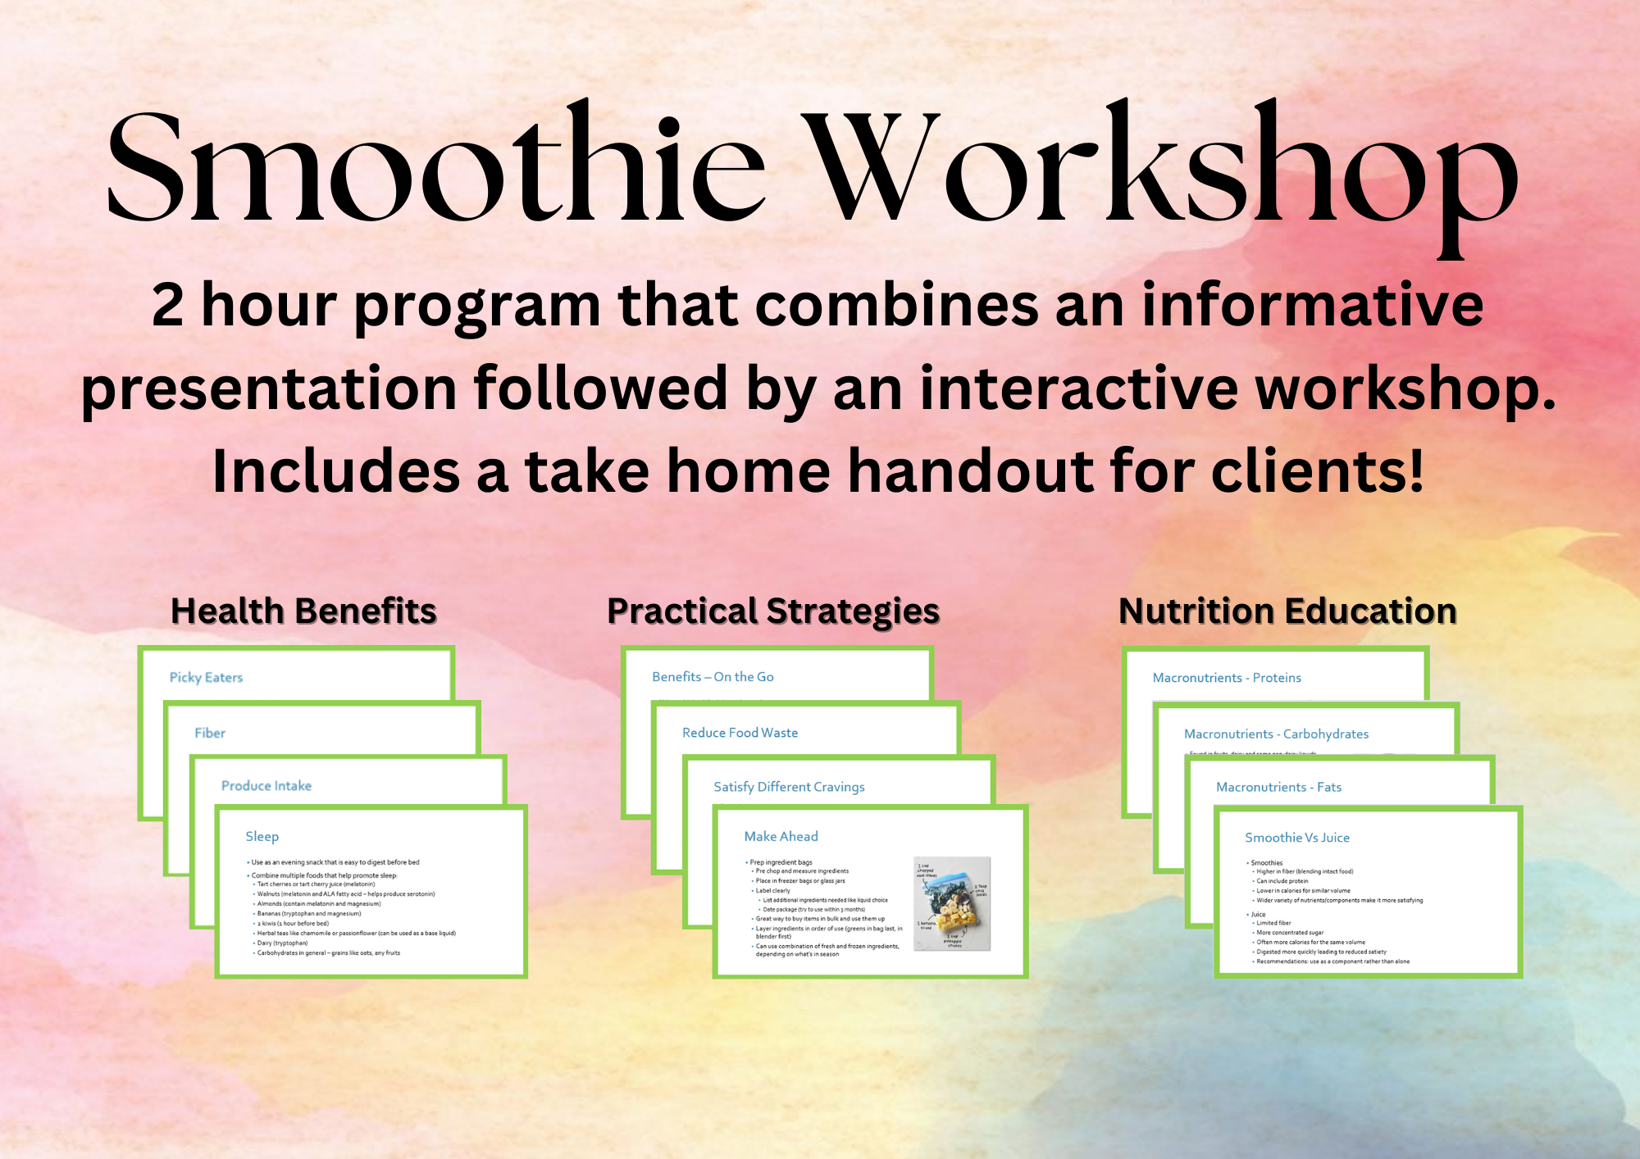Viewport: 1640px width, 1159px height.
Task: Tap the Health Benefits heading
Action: click(x=303, y=611)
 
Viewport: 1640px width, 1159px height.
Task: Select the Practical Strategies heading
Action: click(x=773, y=611)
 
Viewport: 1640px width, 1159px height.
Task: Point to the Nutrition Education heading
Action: click(x=1287, y=611)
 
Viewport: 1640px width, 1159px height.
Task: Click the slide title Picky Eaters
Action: click(x=206, y=677)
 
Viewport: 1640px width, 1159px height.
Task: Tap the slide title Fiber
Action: click(x=210, y=733)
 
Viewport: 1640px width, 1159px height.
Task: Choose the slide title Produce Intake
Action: click(x=266, y=785)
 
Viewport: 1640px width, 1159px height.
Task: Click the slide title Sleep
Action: click(x=262, y=836)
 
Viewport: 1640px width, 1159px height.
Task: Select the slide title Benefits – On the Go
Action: click(x=713, y=676)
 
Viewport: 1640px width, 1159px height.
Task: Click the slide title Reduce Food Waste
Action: click(x=740, y=733)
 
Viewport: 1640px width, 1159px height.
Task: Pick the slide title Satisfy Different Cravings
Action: click(x=789, y=787)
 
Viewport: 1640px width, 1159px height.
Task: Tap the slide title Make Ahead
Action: click(x=781, y=836)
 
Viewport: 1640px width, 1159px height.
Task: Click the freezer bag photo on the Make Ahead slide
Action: click(x=952, y=903)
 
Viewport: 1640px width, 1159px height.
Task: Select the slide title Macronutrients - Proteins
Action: click(x=1227, y=678)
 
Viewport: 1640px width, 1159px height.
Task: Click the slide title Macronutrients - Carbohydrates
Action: click(x=1276, y=734)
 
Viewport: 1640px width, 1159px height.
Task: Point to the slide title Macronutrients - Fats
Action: click(x=1278, y=787)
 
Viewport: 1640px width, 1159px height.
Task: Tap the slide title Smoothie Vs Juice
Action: click(x=1296, y=838)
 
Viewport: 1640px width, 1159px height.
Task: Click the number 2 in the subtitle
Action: click(x=167, y=305)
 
